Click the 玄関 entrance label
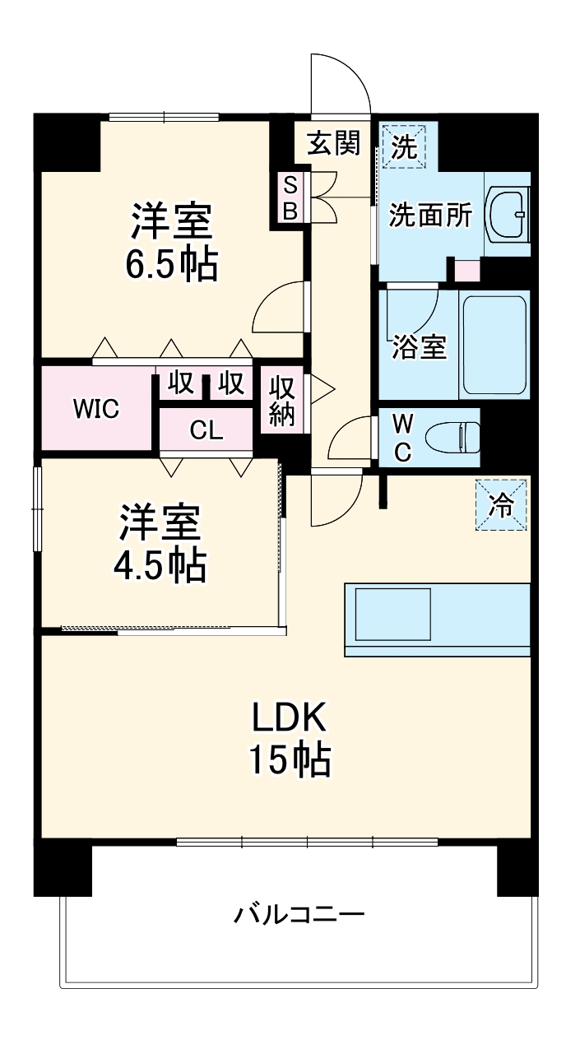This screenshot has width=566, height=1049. [334, 144]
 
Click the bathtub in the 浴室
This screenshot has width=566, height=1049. [494, 345]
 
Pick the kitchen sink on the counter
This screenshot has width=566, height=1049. [393, 614]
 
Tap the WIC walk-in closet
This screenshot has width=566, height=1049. [97, 407]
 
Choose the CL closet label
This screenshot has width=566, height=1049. [206, 430]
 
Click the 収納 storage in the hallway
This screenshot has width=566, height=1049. [282, 401]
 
